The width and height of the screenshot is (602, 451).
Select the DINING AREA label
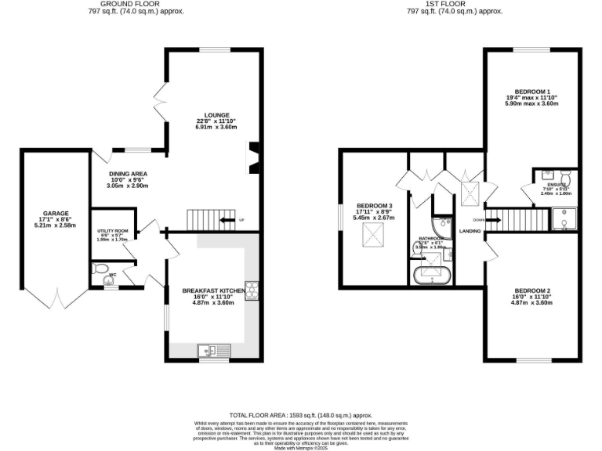[x=129, y=174]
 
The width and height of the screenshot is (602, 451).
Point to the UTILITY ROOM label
[x=111, y=231]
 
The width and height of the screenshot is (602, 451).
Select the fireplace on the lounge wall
[x=253, y=157]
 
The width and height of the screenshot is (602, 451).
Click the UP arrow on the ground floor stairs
[x=227, y=221]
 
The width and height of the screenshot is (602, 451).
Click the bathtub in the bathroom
[x=432, y=275]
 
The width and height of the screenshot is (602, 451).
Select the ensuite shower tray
[x=564, y=221]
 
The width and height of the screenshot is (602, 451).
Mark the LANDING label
[x=470, y=230]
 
